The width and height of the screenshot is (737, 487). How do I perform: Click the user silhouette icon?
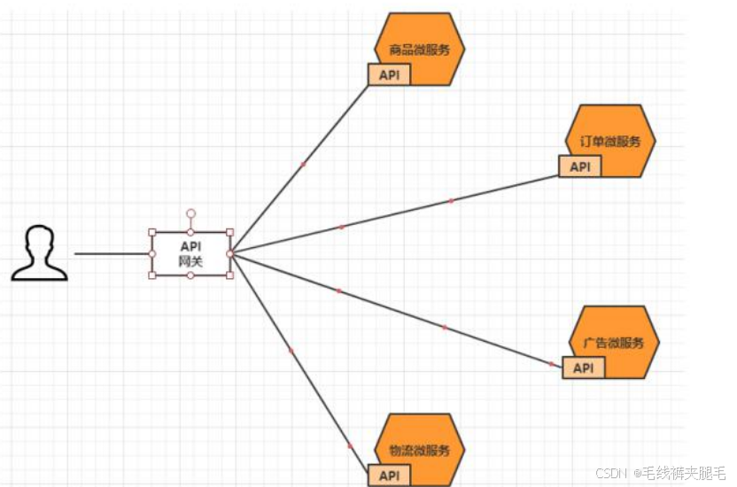40,253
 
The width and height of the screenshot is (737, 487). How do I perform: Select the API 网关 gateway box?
190,254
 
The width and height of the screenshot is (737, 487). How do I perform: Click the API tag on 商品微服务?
389,75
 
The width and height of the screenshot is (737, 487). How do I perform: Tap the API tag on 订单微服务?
579,166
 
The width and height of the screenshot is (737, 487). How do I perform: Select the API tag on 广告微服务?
583,367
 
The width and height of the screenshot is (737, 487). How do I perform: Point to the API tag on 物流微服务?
389,475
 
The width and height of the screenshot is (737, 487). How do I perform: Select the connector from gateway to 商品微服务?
303,164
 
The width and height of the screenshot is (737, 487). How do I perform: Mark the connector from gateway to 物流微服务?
292,353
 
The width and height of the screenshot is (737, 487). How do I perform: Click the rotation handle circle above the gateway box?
190,213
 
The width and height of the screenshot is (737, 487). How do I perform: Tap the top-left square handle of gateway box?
152,232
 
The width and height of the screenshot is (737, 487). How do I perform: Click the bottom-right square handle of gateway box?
229,275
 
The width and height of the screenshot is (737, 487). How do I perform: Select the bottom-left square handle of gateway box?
152,275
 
